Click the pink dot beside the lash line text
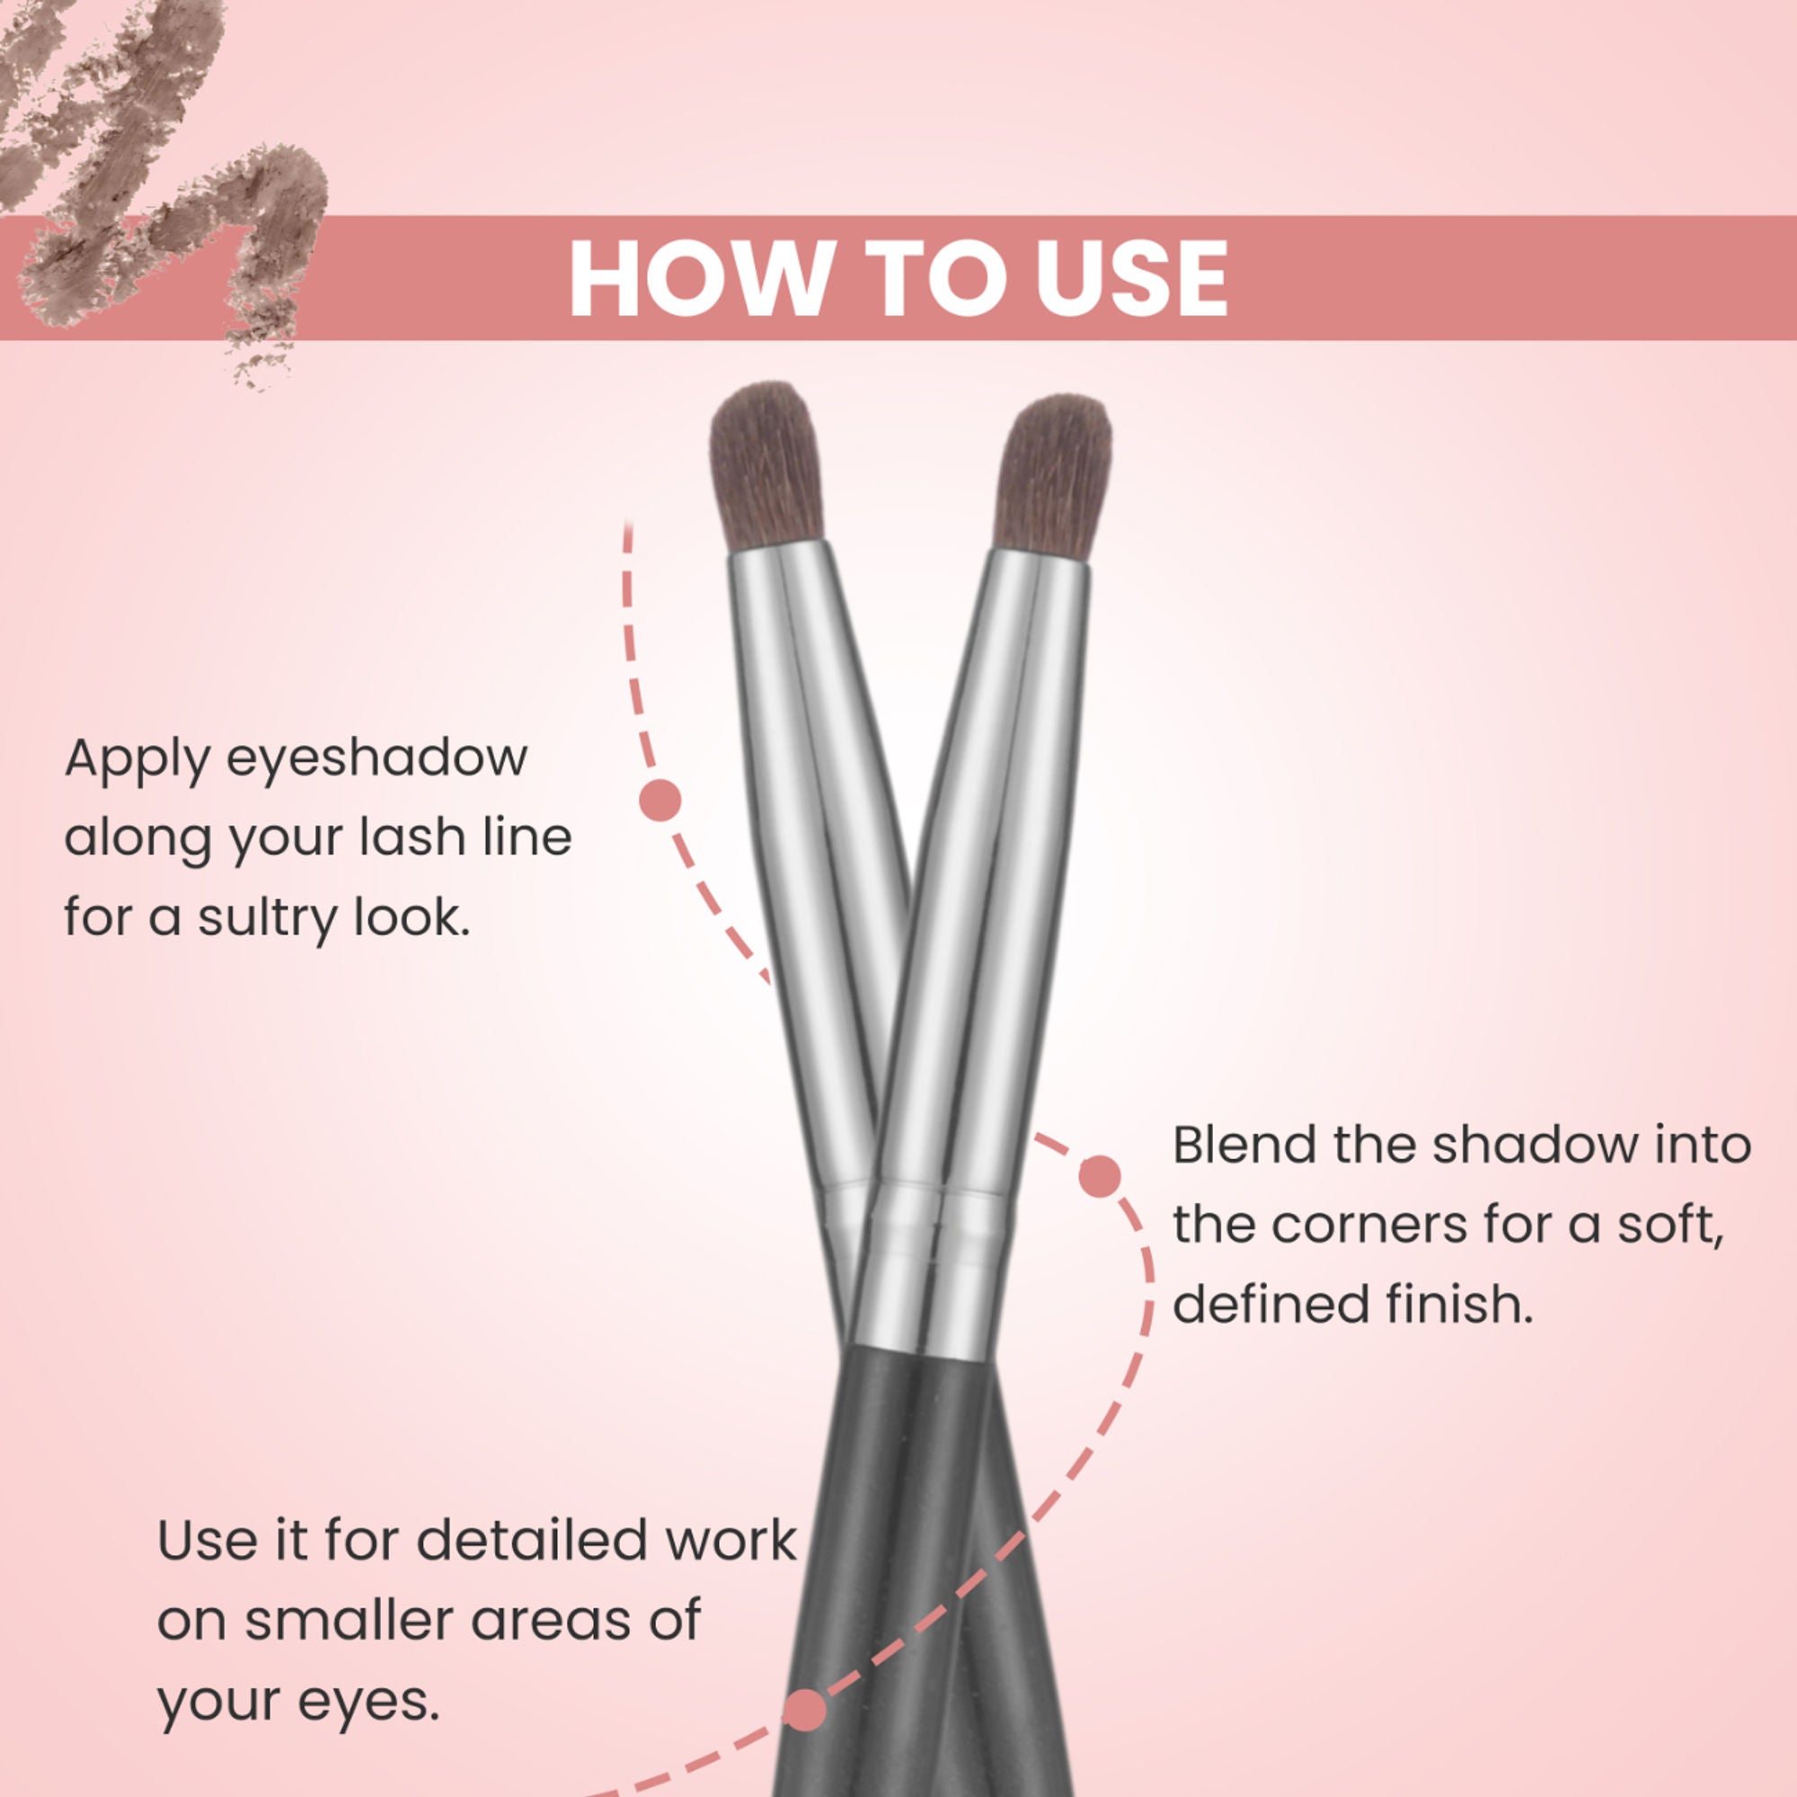[x=660, y=800]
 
